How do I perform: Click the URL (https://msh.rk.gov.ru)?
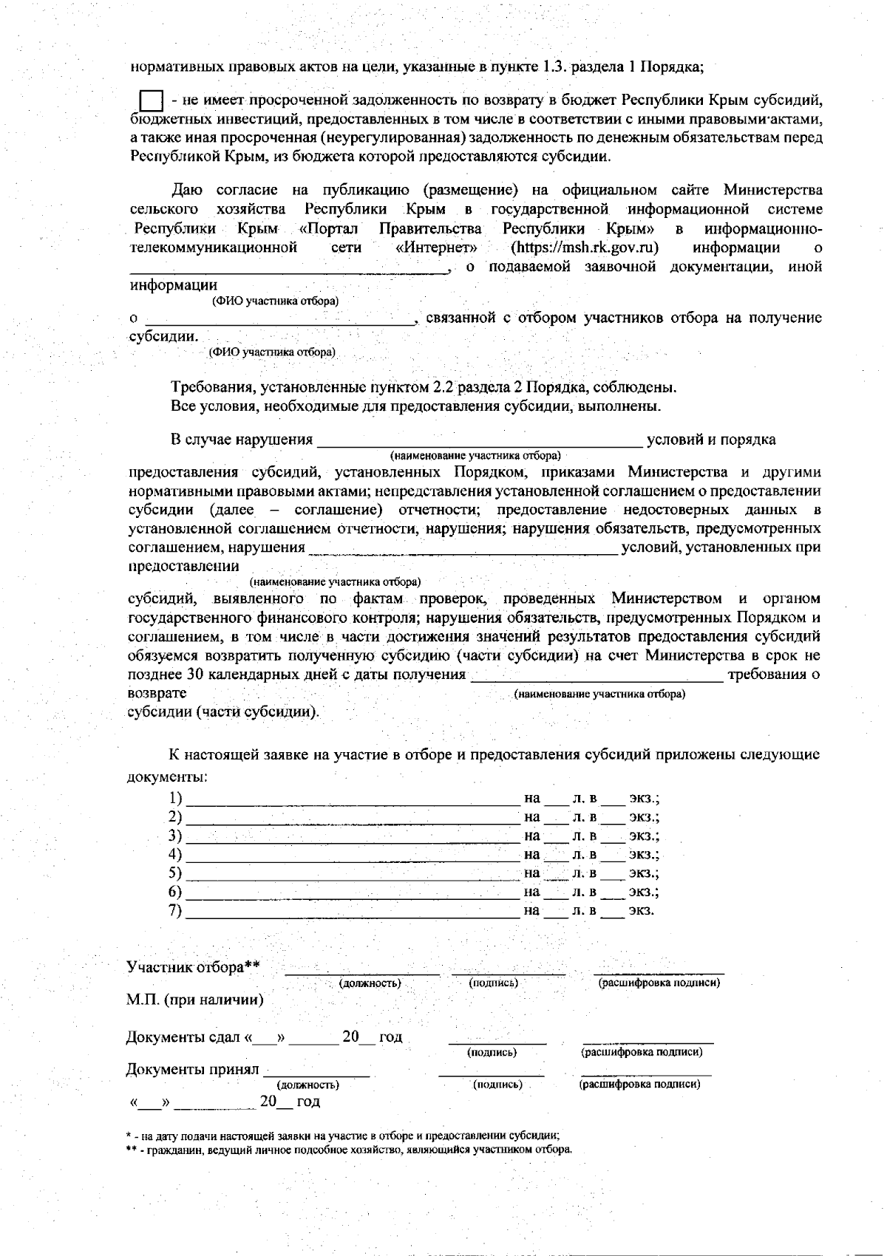[x=585, y=248]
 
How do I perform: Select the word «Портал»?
[x=329, y=228]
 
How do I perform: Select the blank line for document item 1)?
[x=353, y=799]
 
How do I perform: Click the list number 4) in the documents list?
[x=175, y=855]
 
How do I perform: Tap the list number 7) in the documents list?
[x=175, y=910]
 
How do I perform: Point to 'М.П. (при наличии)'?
[x=194, y=1000]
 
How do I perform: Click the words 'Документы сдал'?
[x=183, y=1037]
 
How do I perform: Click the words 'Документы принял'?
[x=192, y=1069]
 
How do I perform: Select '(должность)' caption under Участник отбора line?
[x=370, y=983]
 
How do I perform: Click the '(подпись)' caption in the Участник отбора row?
[x=493, y=983]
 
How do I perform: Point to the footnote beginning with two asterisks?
[x=347, y=1150]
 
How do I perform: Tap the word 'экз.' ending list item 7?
[x=641, y=910]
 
